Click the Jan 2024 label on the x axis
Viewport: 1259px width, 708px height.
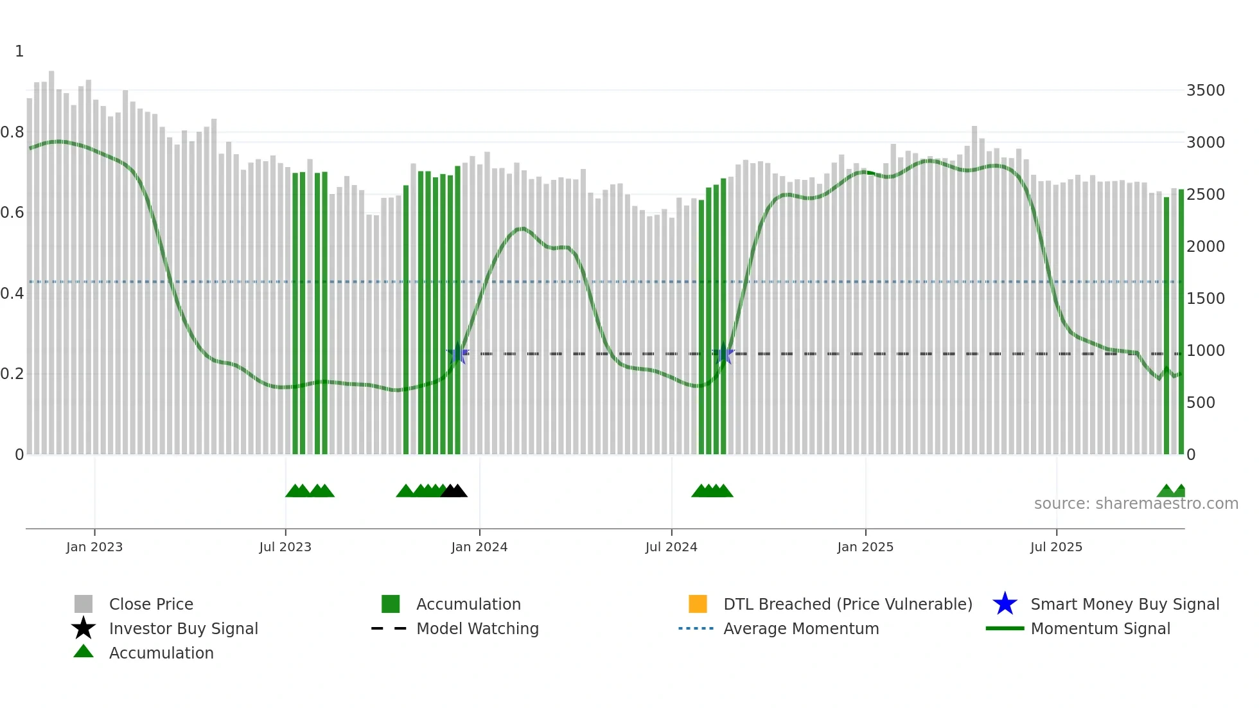point(479,547)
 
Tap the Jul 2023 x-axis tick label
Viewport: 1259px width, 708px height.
point(285,547)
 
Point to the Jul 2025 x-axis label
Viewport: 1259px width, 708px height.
point(1056,547)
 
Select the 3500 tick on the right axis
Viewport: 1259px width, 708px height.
point(1205,91)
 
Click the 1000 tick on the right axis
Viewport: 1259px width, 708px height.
point(1205,351)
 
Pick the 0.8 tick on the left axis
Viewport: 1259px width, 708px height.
point(12,132)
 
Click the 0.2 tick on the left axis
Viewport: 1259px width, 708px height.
point(12,374)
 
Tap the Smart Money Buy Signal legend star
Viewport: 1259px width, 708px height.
point(1005,604)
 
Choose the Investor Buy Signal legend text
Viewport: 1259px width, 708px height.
point(184,628)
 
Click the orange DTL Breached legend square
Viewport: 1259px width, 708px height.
point(698,604)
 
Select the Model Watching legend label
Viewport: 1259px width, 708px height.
point(477,628)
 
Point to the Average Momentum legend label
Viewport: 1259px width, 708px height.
point(801,628)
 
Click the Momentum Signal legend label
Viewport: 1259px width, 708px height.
point(1100,628)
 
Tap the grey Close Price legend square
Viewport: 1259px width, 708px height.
point(84,604)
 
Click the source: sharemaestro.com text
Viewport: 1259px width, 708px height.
point(1136,504)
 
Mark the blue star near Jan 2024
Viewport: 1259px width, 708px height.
point(457,353)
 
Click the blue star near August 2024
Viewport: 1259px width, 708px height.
point(723,353)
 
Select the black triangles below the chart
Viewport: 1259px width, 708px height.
point(454,491)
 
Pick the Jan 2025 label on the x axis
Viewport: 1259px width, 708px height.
point(865,547)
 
